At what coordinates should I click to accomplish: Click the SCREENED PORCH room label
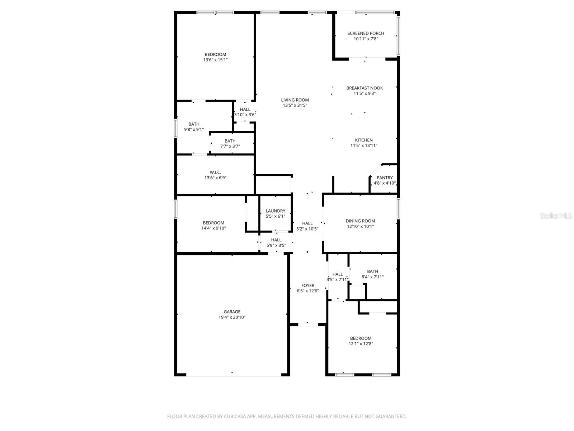[x=366, y=33]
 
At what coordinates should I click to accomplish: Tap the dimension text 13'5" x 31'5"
[x=295, y=106]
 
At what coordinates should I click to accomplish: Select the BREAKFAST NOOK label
[x=364, y=88]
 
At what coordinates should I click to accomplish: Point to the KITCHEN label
[x=364, y=140]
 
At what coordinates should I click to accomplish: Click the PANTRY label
[x=385, y=178]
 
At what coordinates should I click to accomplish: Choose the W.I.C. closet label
[x=215, y=172]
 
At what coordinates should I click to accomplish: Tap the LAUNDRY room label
[x=276, y=211]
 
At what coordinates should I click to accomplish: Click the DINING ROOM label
[x=360, y=221]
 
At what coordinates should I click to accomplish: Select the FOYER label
[x=308, y=286]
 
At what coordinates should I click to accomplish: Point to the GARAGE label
[x=232, y=312]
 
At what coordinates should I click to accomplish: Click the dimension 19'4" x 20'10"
[x=232, y=318]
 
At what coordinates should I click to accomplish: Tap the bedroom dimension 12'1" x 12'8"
[x=361, y=344]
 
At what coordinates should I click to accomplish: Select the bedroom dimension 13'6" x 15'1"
[x=215, y=60]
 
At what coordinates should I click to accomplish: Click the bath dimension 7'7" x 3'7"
[x=230, y=147]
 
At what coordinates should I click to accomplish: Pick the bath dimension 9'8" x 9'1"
[x=194, y=130]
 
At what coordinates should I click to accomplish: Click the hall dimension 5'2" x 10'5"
[x=307, y=229]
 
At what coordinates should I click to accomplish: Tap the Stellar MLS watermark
[x=556, y=216]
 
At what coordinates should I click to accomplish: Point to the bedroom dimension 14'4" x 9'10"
[x=213, y=228]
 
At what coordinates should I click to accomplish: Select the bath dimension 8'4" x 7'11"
[x=372, y=277]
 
